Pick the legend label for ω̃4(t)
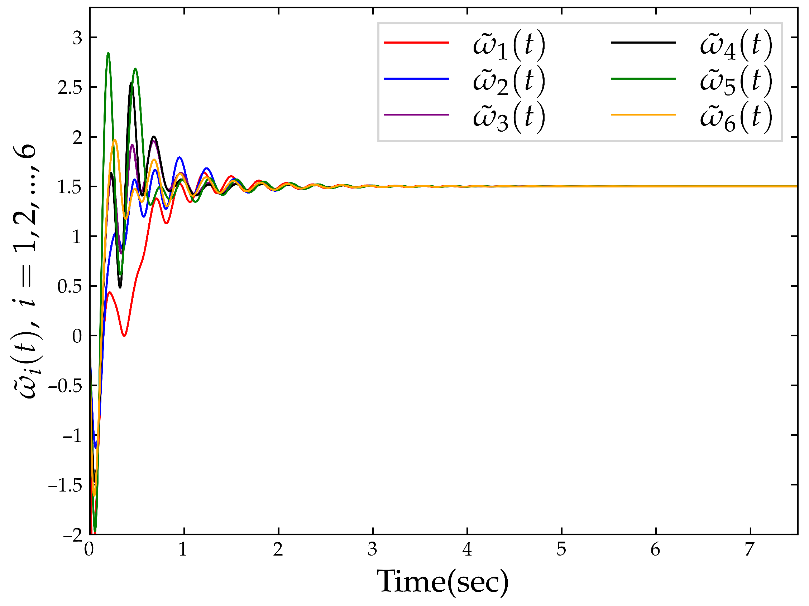point(736,45)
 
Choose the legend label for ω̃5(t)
point(736,82)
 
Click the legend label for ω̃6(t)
point(736,117)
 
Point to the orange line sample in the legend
point(643,115)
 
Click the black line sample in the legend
point(643,42)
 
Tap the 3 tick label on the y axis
point(77,38)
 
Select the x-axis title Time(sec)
point(442,582)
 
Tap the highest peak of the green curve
point(108,53)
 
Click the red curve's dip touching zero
point(124,335)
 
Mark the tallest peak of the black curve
point(131,83)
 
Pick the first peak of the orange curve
point(115,140)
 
